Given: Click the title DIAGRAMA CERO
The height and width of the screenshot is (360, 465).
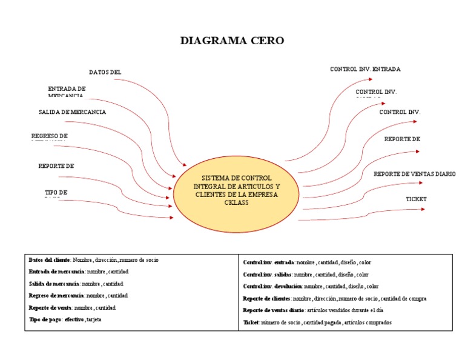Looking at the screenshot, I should point(232,41).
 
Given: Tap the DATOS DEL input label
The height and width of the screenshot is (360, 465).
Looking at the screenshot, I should point(105,72).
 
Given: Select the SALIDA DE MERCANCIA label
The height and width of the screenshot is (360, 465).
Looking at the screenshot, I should point(72,112).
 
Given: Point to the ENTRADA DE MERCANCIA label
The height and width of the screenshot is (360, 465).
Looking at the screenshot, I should point(67,92).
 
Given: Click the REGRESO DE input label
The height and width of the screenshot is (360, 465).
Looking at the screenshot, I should point(50,136).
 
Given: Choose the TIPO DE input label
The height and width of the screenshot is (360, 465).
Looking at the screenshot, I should point(56,193).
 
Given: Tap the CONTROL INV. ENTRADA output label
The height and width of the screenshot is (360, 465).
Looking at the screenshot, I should point(365,69).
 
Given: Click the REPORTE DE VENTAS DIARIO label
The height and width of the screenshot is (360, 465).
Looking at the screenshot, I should point(414,174).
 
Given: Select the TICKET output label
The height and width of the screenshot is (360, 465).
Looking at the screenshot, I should point(416,199).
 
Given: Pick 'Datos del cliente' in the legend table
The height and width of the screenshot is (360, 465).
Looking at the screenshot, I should point(50,259).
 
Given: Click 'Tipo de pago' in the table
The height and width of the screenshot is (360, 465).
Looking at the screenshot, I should point(45,319).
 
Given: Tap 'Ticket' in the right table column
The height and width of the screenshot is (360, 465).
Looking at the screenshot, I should point(250,322).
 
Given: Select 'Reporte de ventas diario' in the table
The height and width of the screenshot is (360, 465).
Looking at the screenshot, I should point(270,310).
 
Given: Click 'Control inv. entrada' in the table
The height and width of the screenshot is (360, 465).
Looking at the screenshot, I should point(268,262).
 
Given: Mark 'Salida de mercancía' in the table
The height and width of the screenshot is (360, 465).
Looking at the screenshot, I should point(53,284).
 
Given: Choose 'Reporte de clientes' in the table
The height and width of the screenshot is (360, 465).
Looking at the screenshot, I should point(266,298).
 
